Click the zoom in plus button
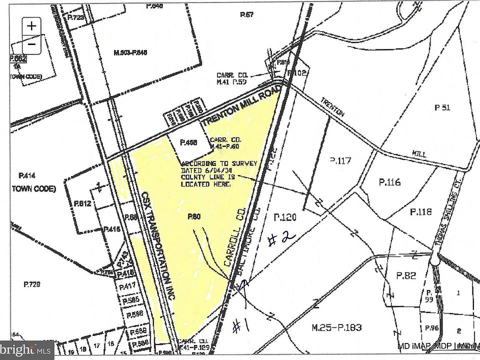31,25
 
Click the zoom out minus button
31,43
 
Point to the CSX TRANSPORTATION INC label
157,245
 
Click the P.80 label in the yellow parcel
194,216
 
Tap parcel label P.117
341,160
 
